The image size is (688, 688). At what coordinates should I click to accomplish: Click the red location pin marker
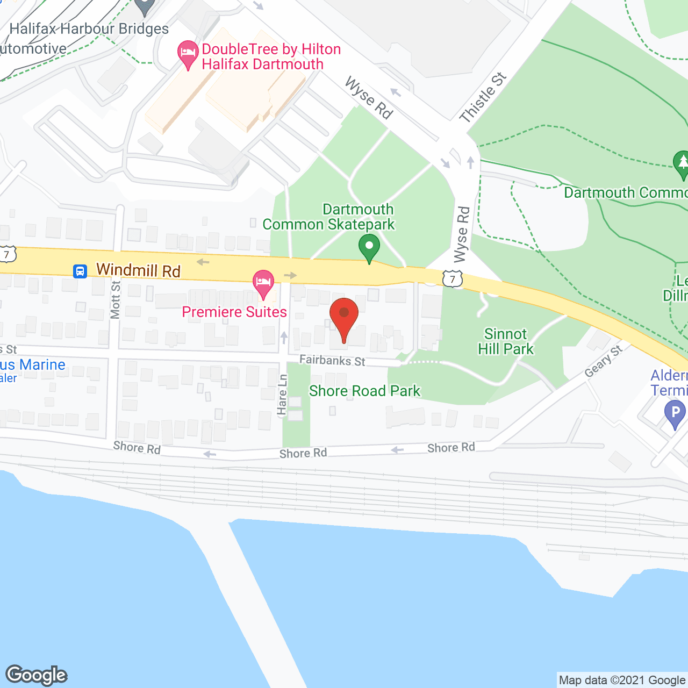click(x=343, y=316)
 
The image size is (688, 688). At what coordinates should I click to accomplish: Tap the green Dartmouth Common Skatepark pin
click(x=369, y=248)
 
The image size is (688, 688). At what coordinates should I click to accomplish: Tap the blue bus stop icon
click(x=80, y=271)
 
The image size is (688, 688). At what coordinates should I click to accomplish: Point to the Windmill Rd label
click(x=138, y=270)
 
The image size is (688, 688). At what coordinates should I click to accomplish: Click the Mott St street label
click(x=115, y=300)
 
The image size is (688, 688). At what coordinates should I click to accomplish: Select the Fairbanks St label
click(x=332, y=360)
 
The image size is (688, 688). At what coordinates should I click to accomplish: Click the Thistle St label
click(x=483, y=97)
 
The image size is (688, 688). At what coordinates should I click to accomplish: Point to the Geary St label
click(x=603, y=361)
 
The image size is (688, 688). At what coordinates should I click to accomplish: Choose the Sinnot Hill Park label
click(x=505, y=341)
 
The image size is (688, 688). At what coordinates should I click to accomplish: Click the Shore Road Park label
click(x=364, y=391)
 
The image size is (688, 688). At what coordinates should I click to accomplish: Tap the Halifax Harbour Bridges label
click(x=89, y=28)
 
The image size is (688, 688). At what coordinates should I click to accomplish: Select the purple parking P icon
click(x=675, y=414)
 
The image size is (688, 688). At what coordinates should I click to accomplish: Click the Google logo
click(x=37, y=675)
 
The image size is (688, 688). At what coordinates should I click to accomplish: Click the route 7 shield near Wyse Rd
click(x=453, y=279)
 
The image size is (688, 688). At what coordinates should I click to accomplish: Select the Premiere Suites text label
click(x=234, y=312)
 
